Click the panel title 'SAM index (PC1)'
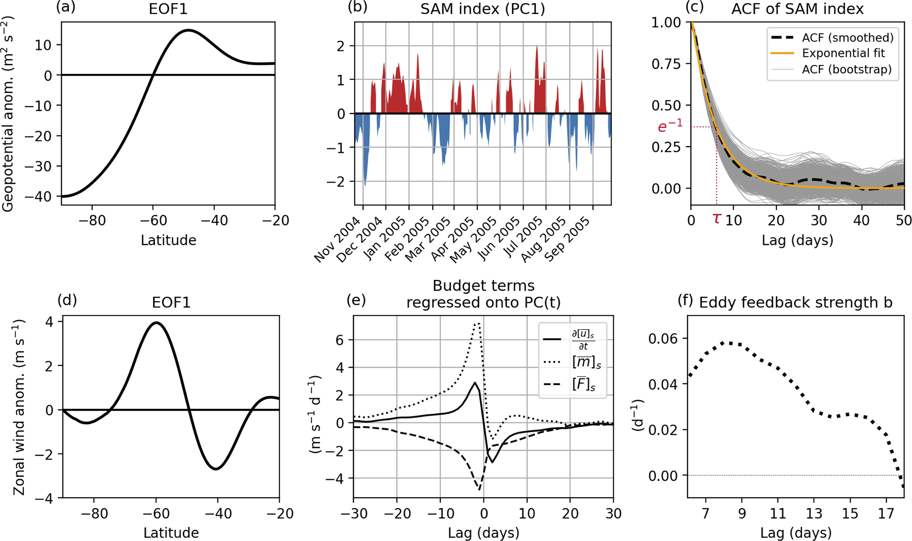tap(483, 9)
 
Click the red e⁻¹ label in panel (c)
tap(670, 127)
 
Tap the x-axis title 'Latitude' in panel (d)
tap(171, 533)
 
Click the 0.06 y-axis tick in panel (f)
tap(663, 338)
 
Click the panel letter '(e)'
tap(356, 300)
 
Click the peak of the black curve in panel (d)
tap(156, 322)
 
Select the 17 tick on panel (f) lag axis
tap(886, 514)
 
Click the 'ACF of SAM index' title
tap(797, 9)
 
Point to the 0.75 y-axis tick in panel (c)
tap(668, 64)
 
